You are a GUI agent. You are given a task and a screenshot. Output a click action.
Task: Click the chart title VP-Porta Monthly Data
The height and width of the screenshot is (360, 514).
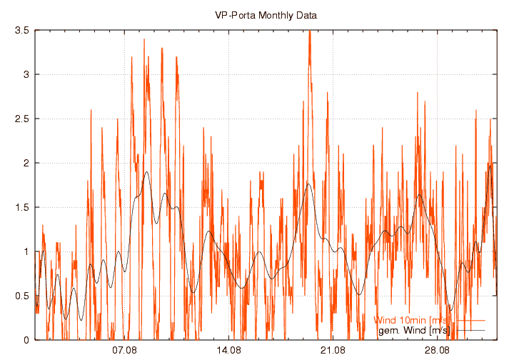pyautogui.click(x=266, y=15)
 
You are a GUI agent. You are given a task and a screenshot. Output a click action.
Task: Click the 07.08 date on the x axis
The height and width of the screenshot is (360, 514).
pyautogui.click(x=125, y=351)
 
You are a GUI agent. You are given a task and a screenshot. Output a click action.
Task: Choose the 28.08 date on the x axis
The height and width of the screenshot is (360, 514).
pyautogui.click(x=437, y=351)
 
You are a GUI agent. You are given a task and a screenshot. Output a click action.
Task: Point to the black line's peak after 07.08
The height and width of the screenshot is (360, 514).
pyautogui.click(x=146, y=172)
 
